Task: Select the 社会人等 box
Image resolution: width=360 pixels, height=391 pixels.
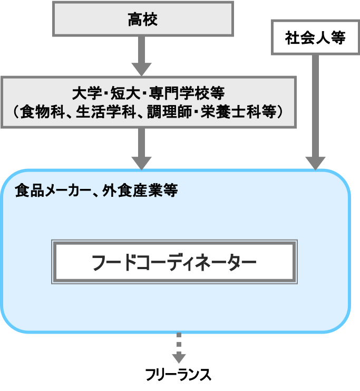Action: click(315, 37)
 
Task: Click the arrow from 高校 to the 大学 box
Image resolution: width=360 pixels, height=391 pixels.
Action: click(141, 56)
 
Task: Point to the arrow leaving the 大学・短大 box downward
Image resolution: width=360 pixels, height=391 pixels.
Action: click(141, 148)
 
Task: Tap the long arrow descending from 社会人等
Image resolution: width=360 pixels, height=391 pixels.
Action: click(315, 111)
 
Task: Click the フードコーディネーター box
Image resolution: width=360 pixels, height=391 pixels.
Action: click(174, 262)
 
